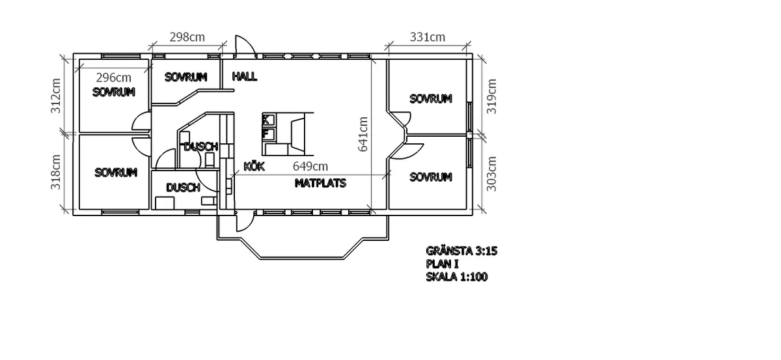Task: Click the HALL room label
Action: pyautogui.click(x=244, y=77)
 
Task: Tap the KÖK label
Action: pyautogui.click(x=254, y=167)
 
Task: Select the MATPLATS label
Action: pyautogui.click(x=320, y=184)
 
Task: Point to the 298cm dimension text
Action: pyautogui.click(x=186, y=37)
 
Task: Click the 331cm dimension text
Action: pyautogui.click(x=428, y=37)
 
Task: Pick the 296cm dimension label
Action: pyautogui.click(x=113, y=77)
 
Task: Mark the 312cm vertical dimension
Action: pyautogui.click(x=56, y=96)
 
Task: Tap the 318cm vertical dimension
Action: pyautogui.click(x=56, y=171)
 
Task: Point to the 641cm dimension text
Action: pyautogui.click(x=363, y=134)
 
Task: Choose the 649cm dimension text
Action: pyautogui.click(x=310, y=167)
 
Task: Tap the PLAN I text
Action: pyautogui.click(x=443, y=264)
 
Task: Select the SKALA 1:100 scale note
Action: pyautogui.click(x=457, y=277)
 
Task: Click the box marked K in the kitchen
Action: pyautogui.click(x=267, y=119)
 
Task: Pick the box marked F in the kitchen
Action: pyautogui.click(x=267, y=134)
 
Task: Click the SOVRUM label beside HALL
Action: pyautogui.click(x=185, y=77)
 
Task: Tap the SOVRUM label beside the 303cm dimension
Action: pyautogui.click(x=430, y=177)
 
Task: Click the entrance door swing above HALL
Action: pyautogui.click(x=244, y=46)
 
